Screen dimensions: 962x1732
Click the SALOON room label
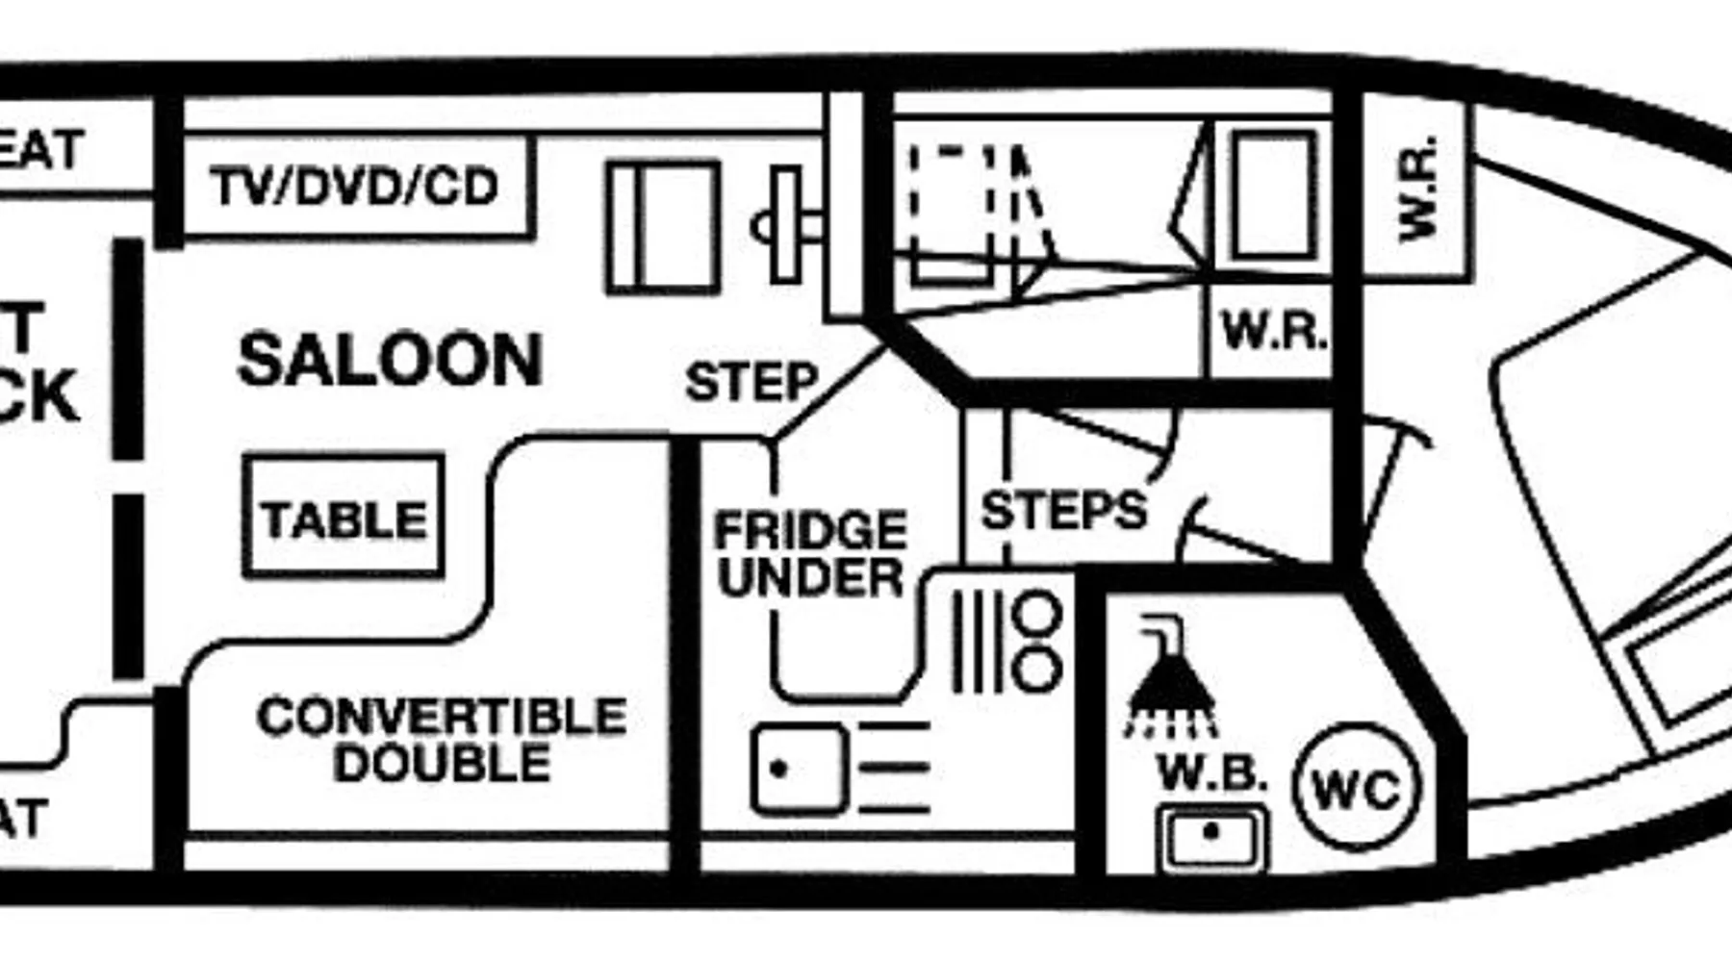coord(390,360)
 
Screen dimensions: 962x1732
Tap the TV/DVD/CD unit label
coord(354,187)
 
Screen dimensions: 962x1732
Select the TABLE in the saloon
coord(344,519)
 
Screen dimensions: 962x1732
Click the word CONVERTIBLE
coord(442,717)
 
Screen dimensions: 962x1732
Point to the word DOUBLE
coord(442,764)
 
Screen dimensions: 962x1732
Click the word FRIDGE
coord(810,530)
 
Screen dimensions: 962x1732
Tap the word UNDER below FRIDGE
coord(810,577)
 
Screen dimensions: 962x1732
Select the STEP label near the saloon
coord(751,382)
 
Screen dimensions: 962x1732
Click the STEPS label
coord(1063,509)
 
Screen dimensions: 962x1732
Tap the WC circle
coord(1357,788)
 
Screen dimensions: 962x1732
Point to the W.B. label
coord(1211,772)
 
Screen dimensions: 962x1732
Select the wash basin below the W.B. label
coord(1211,837)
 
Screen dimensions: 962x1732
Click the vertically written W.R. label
coord(1417,189)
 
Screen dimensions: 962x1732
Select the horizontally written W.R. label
coord(1273,332)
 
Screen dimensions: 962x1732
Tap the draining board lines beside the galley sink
coord(895,767)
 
